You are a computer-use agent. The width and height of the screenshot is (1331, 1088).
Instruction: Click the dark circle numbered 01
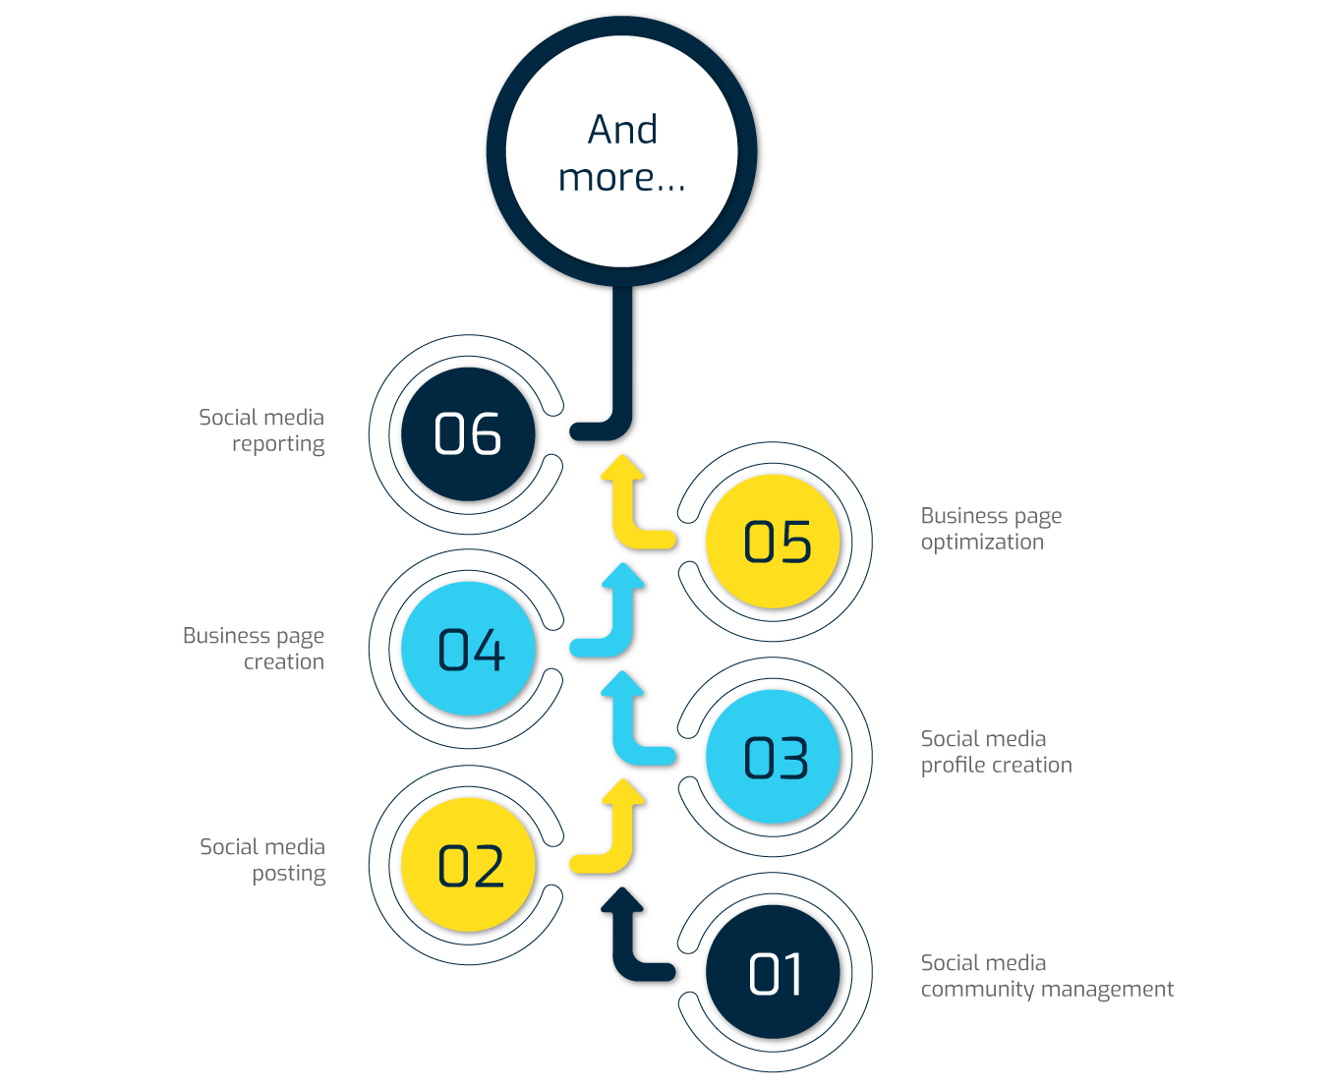(x=776, y=973)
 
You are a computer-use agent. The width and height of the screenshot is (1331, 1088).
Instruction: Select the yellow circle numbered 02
(x=469, y=865)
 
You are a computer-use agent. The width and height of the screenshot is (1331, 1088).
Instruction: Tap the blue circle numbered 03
(x=776, y=757)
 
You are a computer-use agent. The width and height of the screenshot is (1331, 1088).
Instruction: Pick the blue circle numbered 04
(x=469, y=649)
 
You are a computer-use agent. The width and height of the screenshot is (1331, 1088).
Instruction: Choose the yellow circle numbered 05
(x=776, y=542)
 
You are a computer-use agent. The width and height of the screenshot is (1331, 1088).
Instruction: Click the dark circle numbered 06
(x=469, y=433)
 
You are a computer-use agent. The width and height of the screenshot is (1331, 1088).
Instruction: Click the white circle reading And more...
(x=622, y=152)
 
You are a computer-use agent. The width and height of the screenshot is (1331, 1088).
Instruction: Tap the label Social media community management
(x=1046, y=976)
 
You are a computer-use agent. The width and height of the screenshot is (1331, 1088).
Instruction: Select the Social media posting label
(x=262, y=860)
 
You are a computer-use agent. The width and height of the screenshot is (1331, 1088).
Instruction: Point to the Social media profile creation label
(x=996, y=752)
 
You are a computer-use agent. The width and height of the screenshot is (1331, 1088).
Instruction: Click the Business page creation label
(x=254, y=649)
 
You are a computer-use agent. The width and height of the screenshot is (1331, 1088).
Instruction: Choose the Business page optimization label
(x=991, y=529)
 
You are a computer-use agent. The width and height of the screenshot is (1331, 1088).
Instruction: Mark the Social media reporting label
(x=261, y=430)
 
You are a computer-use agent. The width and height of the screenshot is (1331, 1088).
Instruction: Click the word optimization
(x=982, y=543)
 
